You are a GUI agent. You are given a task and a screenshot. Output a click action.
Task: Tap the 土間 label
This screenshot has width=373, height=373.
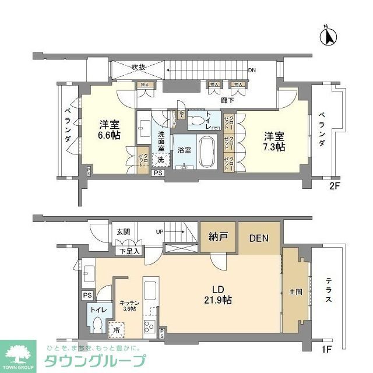[295, 291]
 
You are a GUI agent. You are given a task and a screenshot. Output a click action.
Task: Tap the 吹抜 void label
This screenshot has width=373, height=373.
[138, 67]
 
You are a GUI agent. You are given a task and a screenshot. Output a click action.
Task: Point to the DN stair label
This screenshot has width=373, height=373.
[252, 71]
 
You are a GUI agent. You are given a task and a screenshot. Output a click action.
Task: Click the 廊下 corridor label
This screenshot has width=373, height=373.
[228, 100]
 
